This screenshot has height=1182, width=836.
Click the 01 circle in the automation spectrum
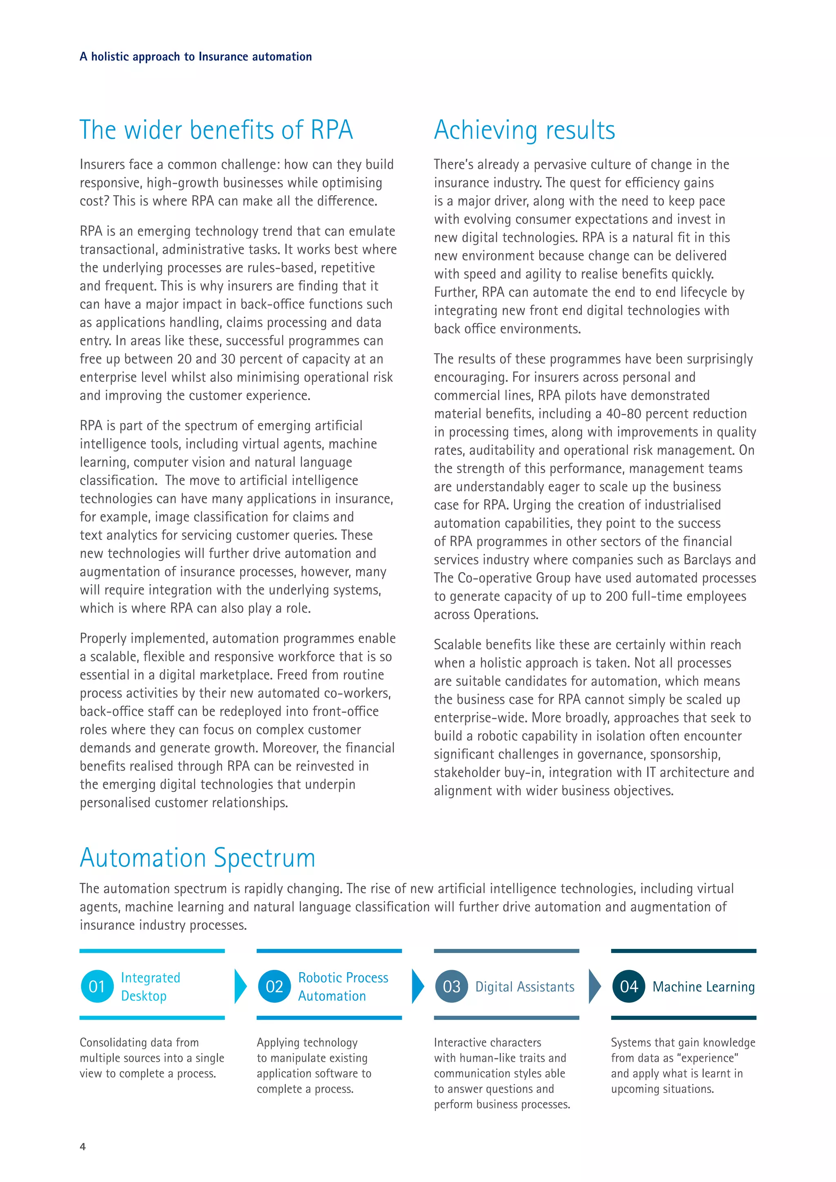pos(97,986)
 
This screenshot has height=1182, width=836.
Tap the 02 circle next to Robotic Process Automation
pos(274,986)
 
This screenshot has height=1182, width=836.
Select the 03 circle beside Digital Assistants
pos(451,986)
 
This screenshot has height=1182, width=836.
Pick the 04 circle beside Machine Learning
pos(629,986)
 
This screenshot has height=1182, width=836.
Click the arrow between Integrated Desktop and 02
pos(240,986)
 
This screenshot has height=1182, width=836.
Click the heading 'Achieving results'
pos(524,130)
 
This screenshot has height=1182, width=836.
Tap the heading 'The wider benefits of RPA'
pos(216,130)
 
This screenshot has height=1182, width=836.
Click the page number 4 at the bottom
pos(83,1146)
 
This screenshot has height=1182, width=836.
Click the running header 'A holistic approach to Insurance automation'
pos(196,57)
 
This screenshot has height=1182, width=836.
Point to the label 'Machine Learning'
pos(703,987)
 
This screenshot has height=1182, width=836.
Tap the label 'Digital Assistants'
pos(524,987)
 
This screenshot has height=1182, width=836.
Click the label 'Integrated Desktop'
pos(150,986)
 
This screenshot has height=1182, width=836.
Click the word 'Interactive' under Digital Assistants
pos(460,1042)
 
